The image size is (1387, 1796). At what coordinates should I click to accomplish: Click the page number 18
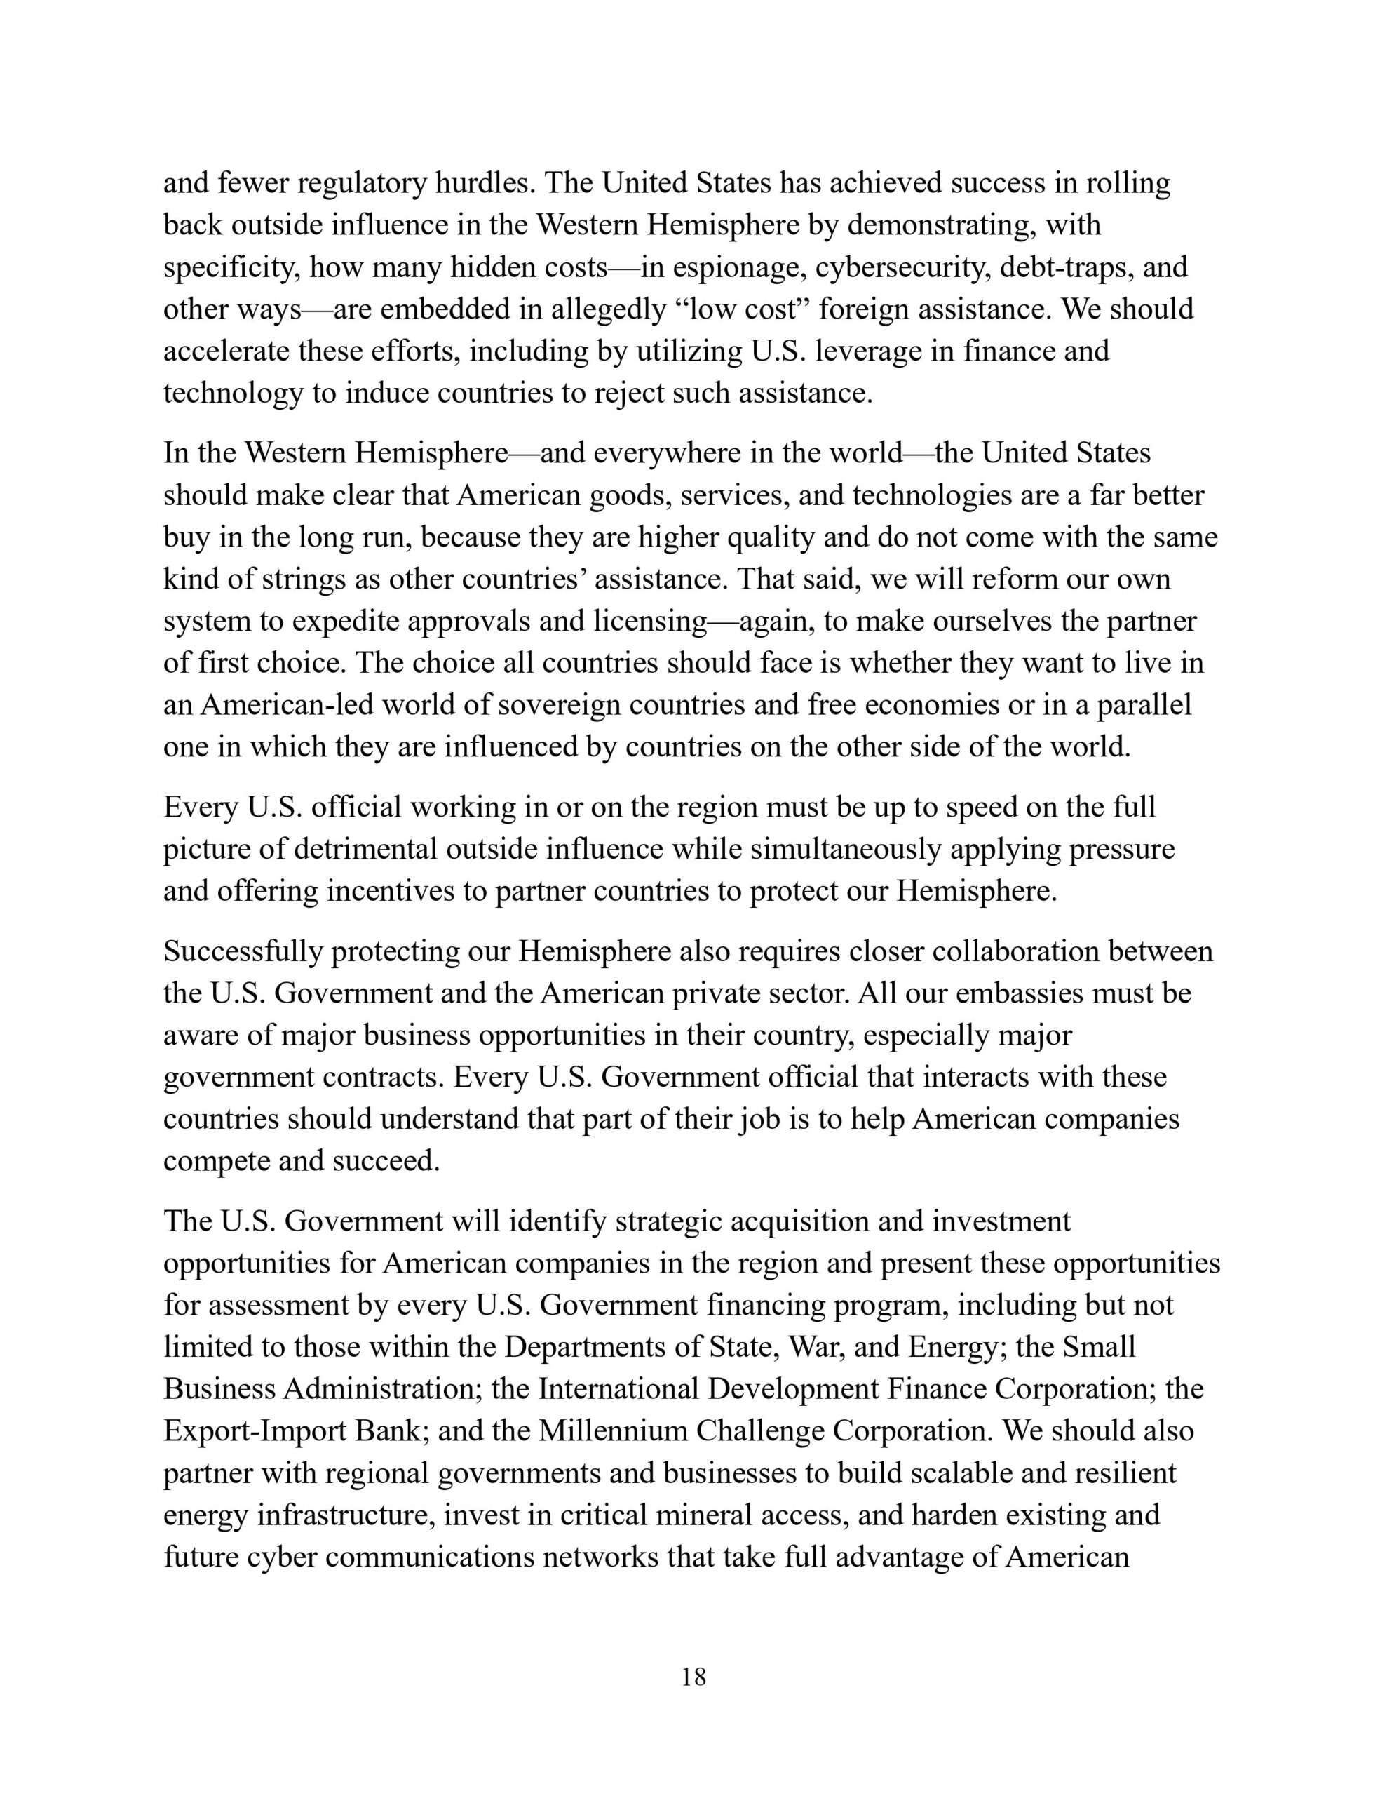click(x=693, y=1677)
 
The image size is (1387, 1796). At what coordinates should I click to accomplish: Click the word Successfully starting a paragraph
click(x=243, y=951)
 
